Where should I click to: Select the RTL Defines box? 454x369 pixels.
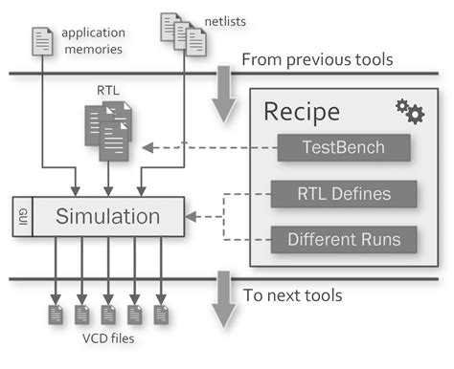[344, 193]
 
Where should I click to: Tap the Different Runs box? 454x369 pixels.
[344, 238]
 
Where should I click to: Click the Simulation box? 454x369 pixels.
[108, 215]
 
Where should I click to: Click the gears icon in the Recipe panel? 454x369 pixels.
[409, 111]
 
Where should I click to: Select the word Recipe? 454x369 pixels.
[302, 113]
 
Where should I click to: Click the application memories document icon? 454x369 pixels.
[43, 39]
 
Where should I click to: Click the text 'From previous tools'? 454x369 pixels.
[317, 60]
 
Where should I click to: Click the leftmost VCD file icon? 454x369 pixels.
[56, 314]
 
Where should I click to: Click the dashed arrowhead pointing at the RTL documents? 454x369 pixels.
[147, 147]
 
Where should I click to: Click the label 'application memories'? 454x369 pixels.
[93, 39]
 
